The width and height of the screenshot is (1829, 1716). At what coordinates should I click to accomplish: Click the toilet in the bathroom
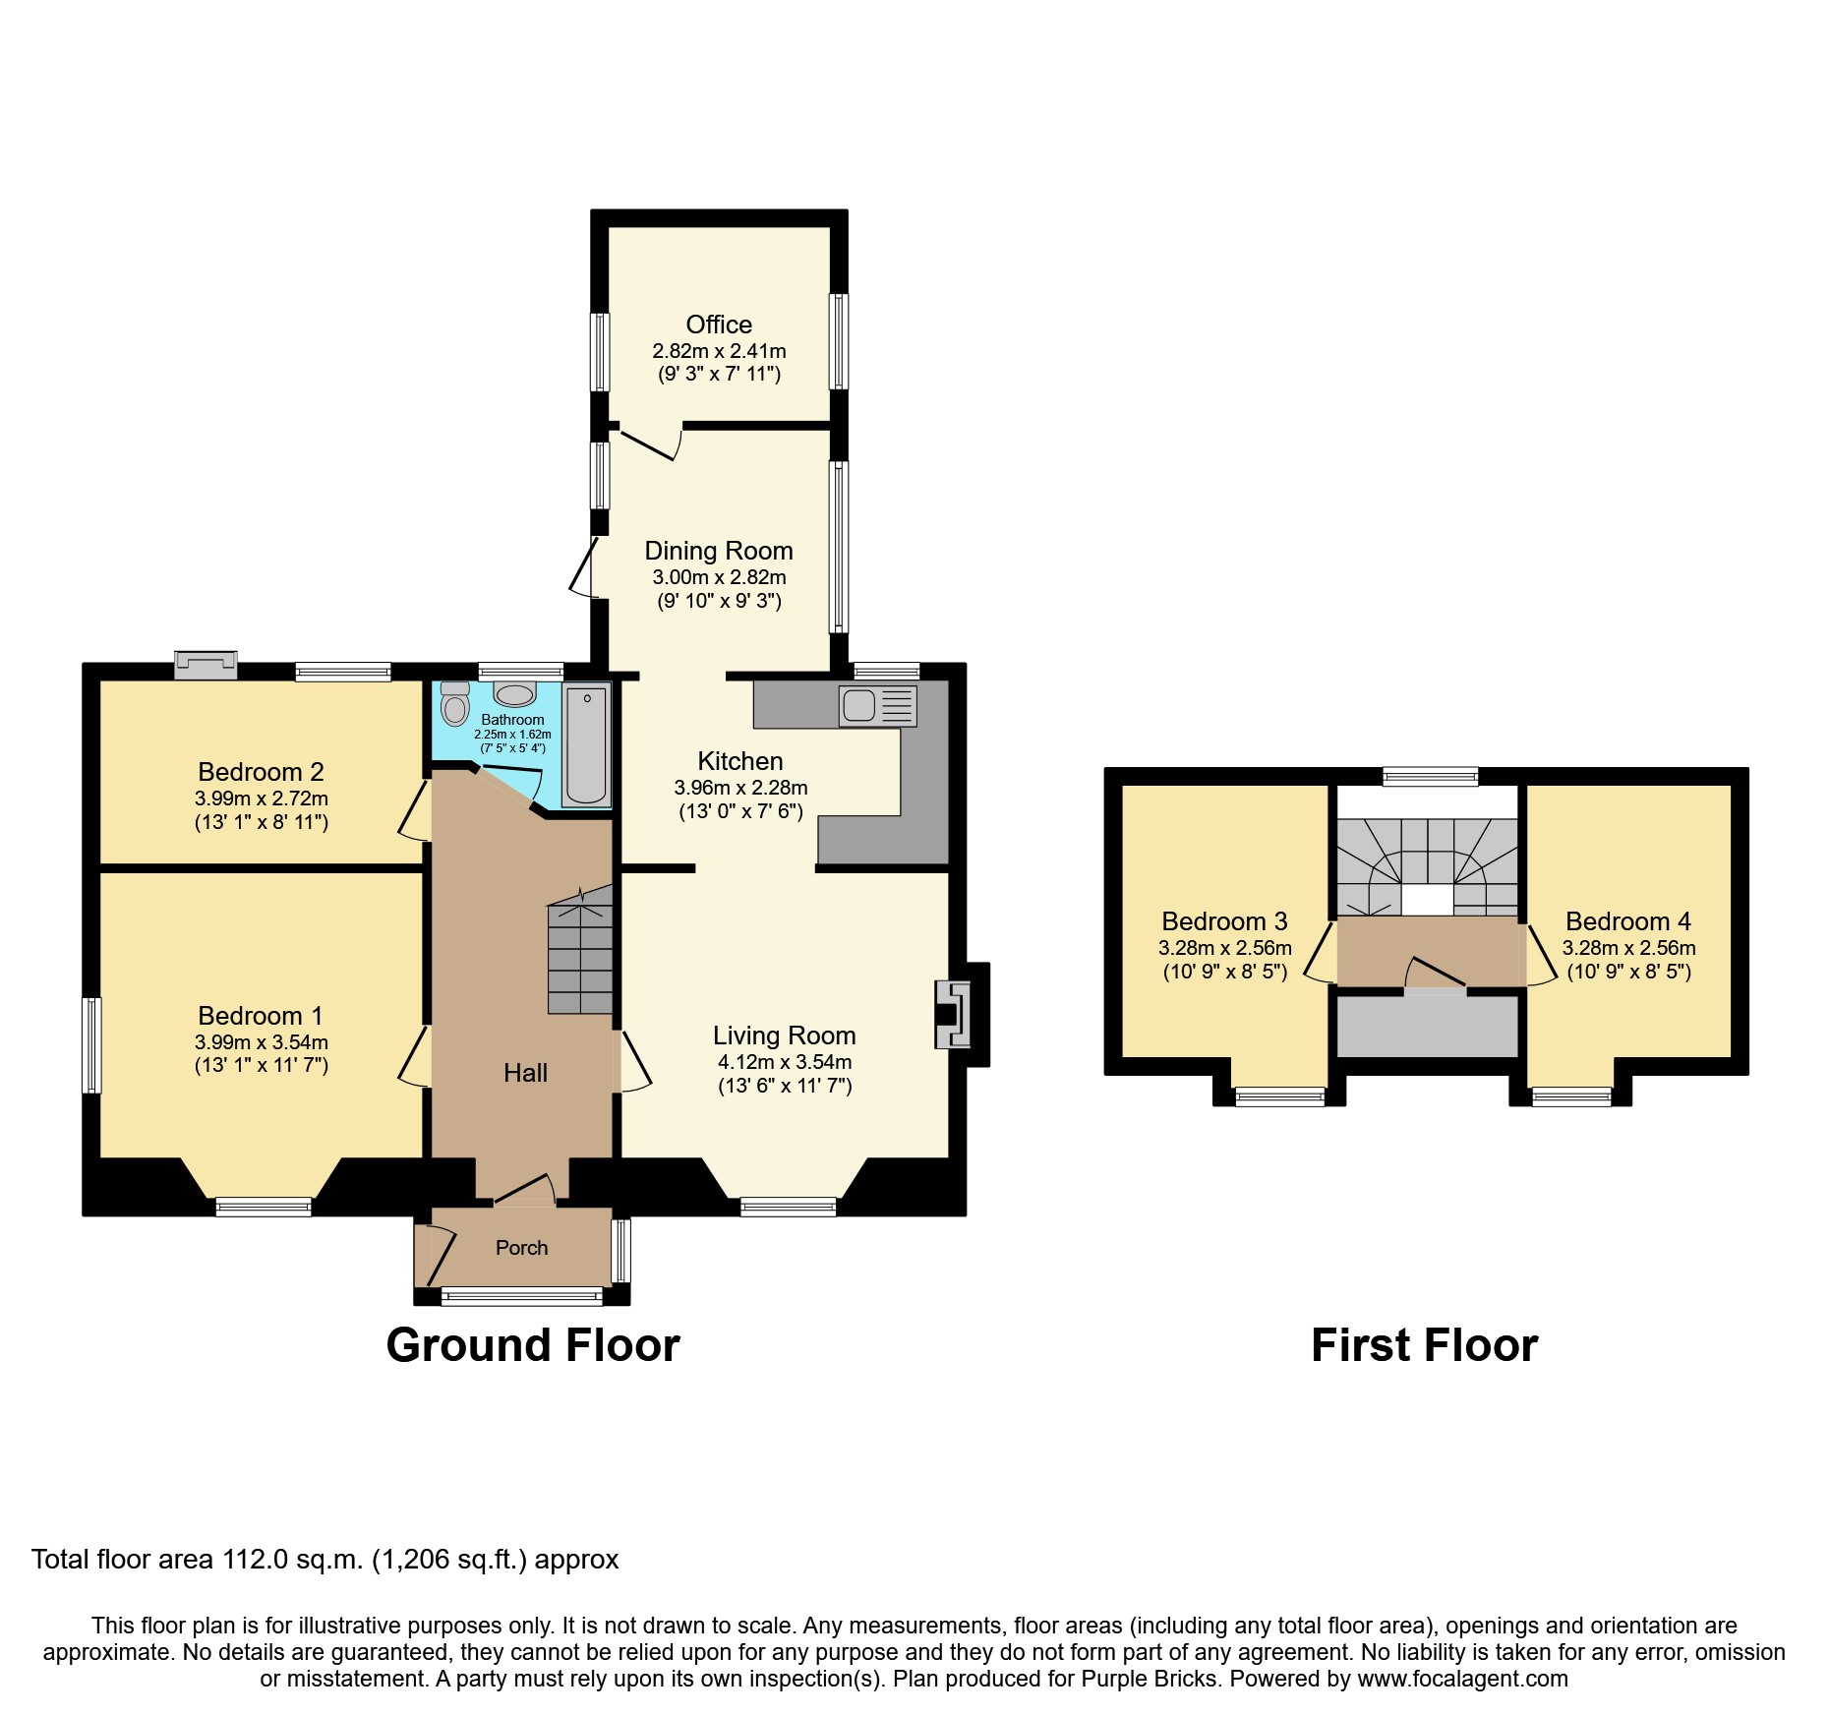(x=455, y=705)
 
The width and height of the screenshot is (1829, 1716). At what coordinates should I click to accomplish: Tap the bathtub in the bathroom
(x=586, y=744)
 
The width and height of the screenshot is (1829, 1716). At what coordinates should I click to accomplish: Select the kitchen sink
(x=858, y=706)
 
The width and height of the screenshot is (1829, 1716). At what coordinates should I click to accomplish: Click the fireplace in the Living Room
(x=952, y=1014)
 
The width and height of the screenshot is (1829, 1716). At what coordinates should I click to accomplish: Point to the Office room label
(x=719, y=325)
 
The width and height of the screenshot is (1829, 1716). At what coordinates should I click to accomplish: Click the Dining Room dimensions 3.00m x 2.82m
(x=719, y=577)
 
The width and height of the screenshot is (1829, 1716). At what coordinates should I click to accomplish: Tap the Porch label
(x=521, y=1248)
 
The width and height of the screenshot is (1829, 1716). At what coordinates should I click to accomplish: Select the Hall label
(x=525, y=1073)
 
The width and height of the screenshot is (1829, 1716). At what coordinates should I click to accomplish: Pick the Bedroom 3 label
(x=1224, y=921)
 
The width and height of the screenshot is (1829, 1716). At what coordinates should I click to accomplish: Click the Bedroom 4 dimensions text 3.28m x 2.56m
(x=1628, y=948)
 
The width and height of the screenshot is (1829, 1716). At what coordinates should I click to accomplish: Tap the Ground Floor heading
(x=532, y=1345)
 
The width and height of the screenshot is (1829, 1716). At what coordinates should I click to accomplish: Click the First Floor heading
(x=1424, y=1345)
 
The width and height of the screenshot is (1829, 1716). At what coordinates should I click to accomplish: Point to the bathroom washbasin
(x=514, y=695)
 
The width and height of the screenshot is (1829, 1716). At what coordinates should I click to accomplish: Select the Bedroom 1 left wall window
(x=91, y=1045)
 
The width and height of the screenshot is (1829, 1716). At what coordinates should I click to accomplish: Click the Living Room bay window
(x=789, y=1207)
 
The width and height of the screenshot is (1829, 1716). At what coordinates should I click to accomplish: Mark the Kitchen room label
(x=739, y=761)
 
